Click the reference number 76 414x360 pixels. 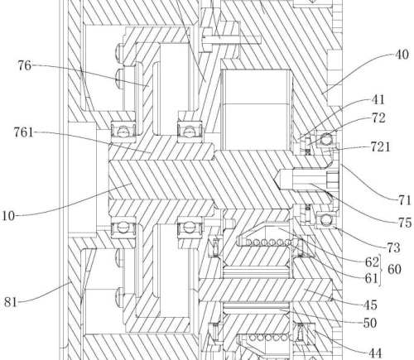(25, 66)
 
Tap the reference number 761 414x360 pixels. (23, 132)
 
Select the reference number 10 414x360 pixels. (8, 216)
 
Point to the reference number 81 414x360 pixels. (11, 302)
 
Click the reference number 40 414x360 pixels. (402, 55)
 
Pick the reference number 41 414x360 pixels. (378, 99)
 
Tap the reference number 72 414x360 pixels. (378, 118)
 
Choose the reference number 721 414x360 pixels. (381, 146)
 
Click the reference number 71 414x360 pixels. (405, 200)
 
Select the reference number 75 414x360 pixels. (405, 223)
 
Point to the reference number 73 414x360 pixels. (393, 247)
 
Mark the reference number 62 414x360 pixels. (372, 262)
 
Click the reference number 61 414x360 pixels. (371, 279)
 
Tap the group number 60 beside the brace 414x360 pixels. (394, 269)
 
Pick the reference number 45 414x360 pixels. (370, 305)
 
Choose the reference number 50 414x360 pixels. (370, 323)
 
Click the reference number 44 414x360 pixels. (376, 353)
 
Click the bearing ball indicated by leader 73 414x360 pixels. (325, 220)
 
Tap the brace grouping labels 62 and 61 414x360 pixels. (381, 271)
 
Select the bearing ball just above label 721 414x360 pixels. (326, 137)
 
